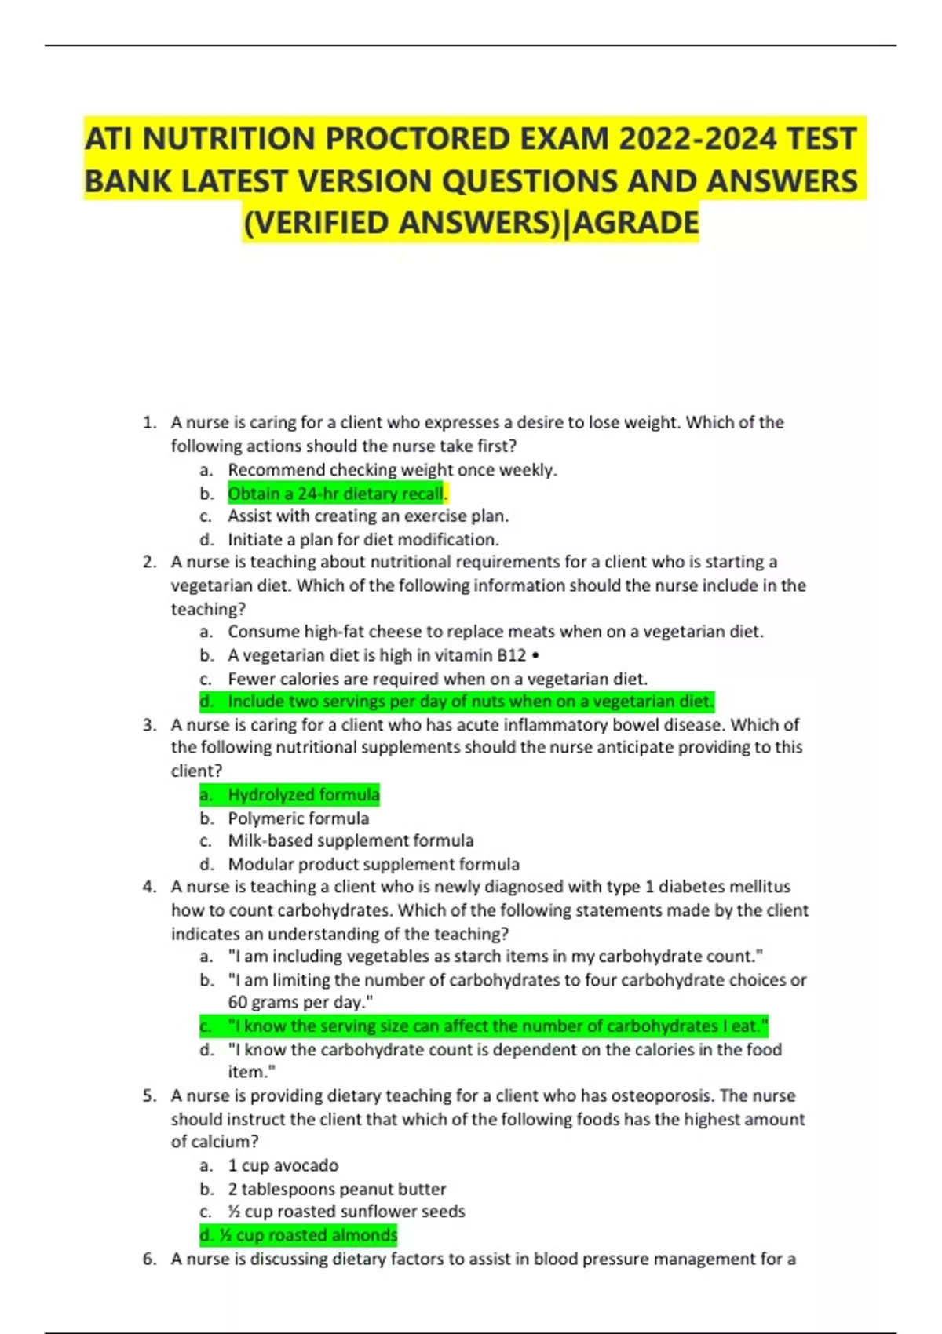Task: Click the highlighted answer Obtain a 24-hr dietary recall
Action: coord(335,494)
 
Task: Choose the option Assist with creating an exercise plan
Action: coord(368,516)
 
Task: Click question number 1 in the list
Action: coord(149,423)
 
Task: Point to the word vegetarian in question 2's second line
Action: coord(210,585)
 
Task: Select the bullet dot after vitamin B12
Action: coord(535,655)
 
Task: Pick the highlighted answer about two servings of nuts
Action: coord(470,702)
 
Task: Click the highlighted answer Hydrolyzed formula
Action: coord(303,795)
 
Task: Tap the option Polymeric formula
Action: coord(298,818)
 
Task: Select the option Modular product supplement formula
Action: coord(374,865)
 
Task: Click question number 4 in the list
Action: coord(149,887)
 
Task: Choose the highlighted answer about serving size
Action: coord(498,1026)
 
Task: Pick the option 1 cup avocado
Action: coord(283,1165)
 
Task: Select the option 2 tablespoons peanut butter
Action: coord(337,1189)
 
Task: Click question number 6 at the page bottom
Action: coord(149,1259)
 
